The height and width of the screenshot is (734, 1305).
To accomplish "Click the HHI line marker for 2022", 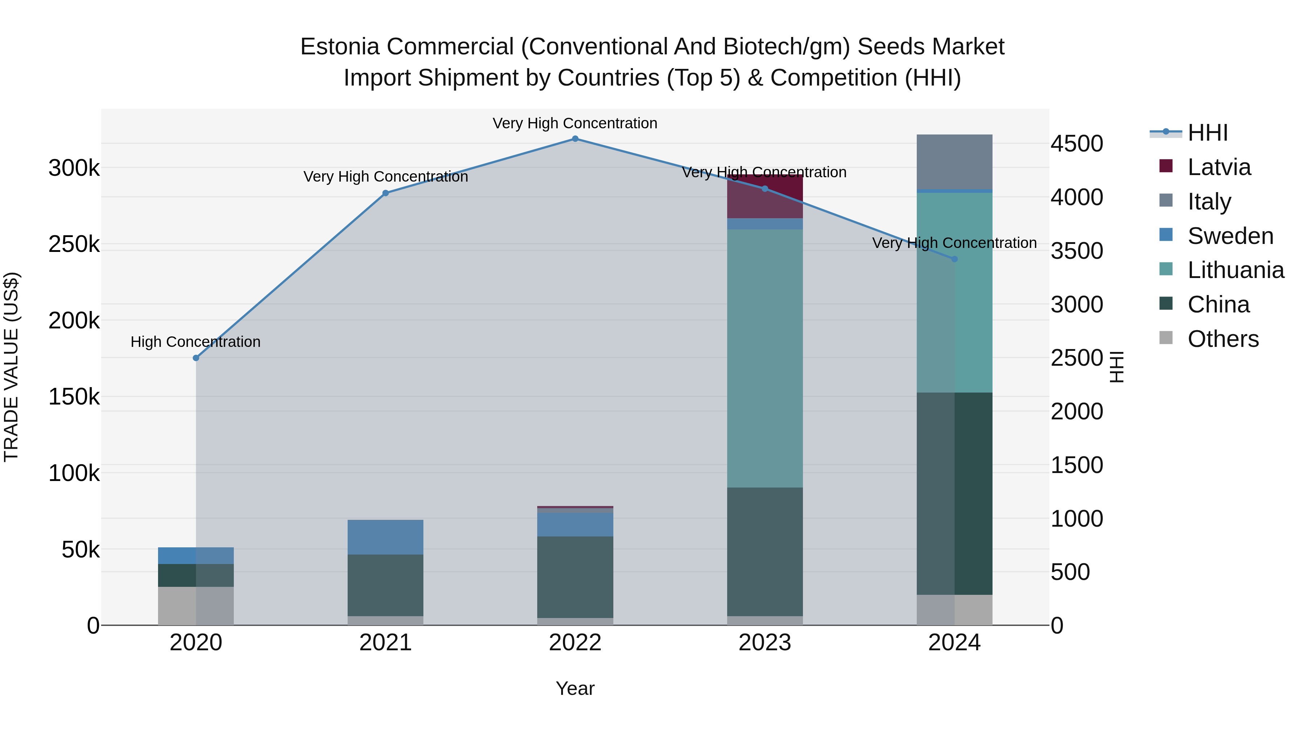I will click(x=575, y=139).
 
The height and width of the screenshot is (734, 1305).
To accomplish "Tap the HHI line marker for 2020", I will click(x=196, y=358).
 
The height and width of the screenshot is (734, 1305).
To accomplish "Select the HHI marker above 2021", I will click(x=386, y=193).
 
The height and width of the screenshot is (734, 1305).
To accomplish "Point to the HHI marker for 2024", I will click(x=954, y=259).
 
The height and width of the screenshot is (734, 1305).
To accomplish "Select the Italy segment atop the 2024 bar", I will click(x=954, y=162).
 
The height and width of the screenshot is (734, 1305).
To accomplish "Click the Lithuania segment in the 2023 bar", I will click(x=765, y=358).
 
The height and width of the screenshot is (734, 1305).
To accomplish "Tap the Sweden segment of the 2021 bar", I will click(x=386, y=537).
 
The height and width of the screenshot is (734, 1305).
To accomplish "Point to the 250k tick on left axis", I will click(x=74, y=244).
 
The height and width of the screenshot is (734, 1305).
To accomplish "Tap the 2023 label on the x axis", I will click(x=765, y=643).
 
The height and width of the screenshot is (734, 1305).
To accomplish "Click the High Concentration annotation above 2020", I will click(x=195, y=342).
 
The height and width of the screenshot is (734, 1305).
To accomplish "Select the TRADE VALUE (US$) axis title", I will click(x=11, y=367).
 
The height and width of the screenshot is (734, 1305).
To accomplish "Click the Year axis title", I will click(x=575, y=688).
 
